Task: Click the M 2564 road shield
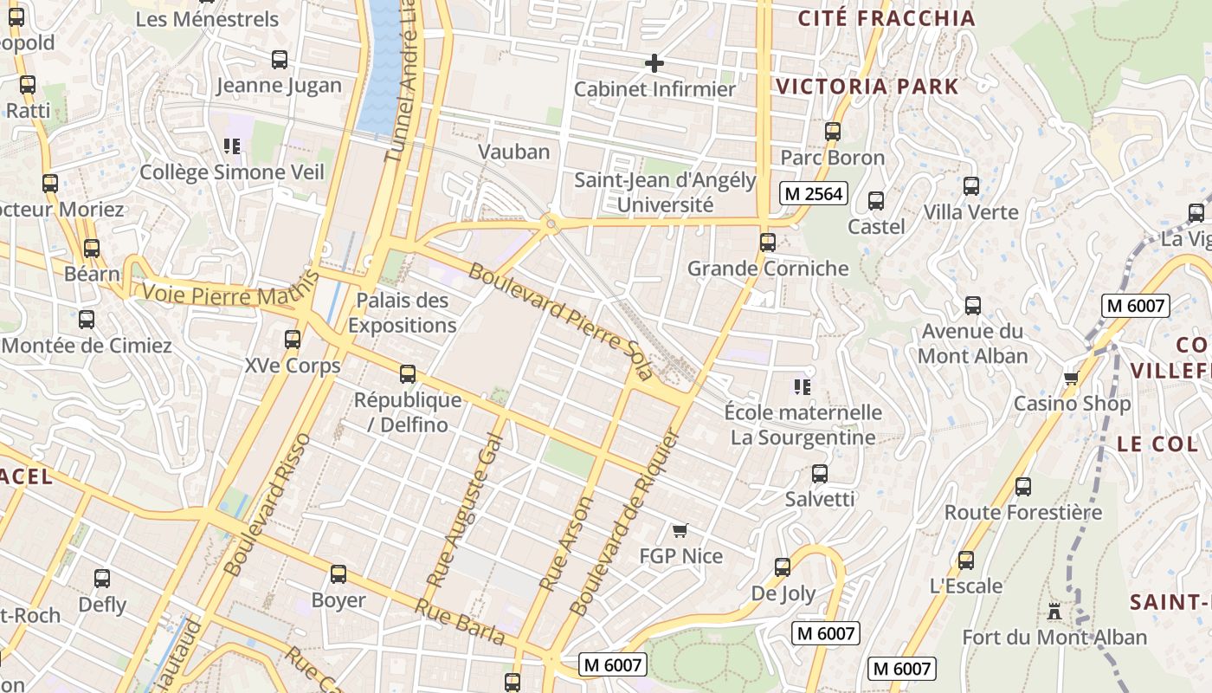813,193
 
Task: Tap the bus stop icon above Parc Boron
833,132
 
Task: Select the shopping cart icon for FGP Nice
680,529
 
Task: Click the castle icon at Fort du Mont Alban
1054,612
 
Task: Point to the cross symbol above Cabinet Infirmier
654,62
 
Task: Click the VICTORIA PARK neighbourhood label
867,87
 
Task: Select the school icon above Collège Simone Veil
231,146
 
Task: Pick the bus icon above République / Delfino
408,374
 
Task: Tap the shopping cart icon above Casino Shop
1071,378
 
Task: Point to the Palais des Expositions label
403,313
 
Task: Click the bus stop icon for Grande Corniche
768,243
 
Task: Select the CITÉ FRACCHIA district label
886,18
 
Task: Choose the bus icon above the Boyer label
338,573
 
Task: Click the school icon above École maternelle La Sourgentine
803,386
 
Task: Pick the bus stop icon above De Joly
783,567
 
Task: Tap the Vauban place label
514,152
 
